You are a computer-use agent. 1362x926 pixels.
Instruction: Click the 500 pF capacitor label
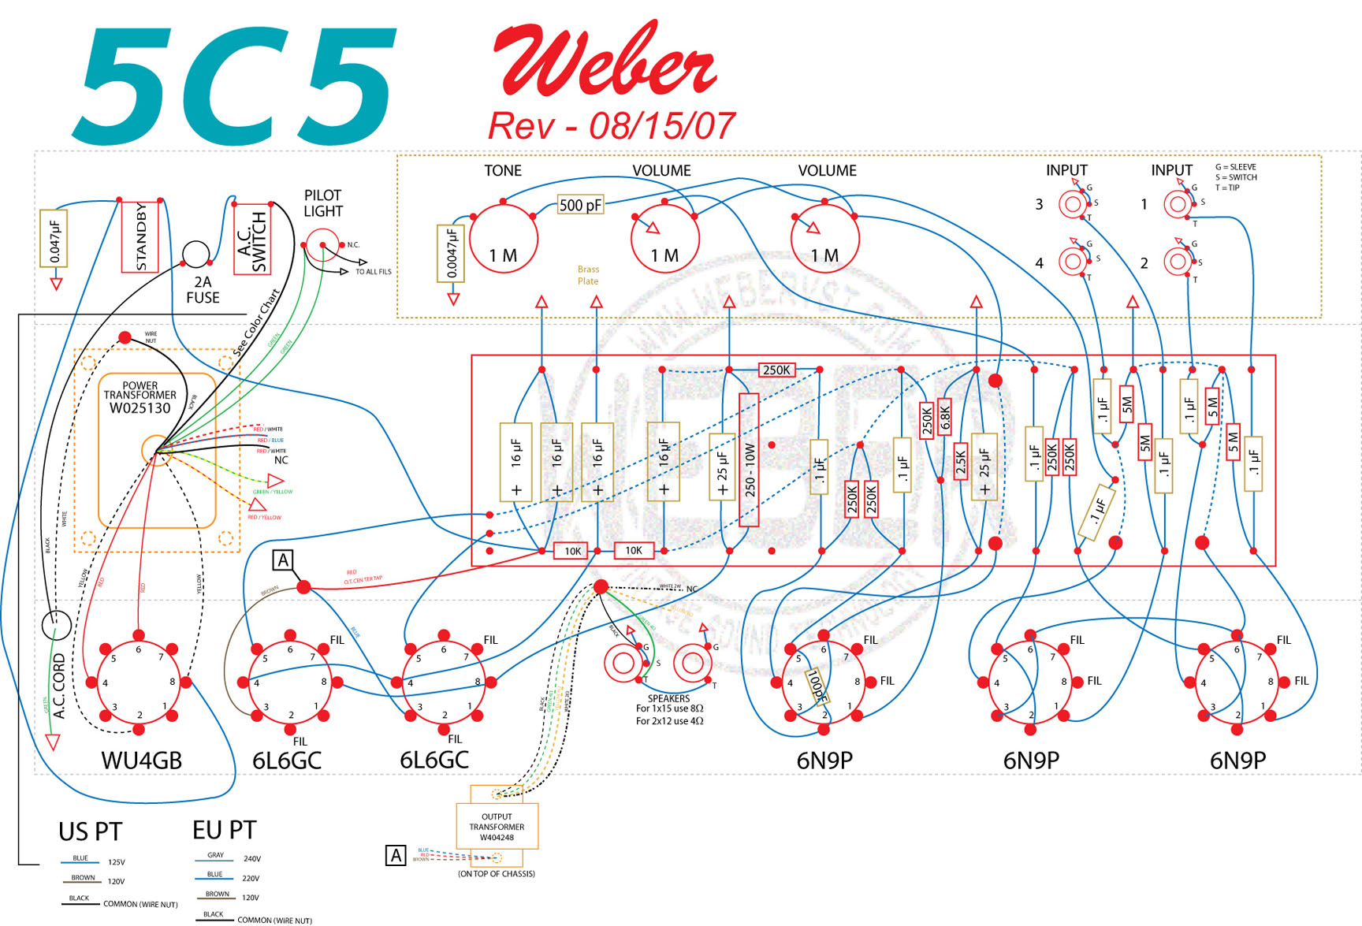click(580, 206)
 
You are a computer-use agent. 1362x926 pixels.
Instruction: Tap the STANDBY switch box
click(140, 237)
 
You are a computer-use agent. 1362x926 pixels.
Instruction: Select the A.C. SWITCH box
click(252, 240)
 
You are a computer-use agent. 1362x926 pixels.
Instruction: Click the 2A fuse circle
click(196, 255)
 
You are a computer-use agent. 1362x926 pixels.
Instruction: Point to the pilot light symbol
click(322, 245)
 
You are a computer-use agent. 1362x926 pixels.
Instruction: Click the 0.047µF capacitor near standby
click(54, 239)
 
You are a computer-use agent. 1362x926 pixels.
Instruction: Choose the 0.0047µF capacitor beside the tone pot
click(451, 253)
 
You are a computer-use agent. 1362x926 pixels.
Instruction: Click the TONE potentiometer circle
click(503, 239)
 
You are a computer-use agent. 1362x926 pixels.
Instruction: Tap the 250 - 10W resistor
click(749, 459)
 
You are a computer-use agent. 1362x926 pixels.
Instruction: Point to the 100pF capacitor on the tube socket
click(817, 686)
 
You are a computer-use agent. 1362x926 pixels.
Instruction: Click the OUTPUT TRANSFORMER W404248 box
click(497, 826)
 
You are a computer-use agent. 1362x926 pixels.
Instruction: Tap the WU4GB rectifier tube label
click(141, 761)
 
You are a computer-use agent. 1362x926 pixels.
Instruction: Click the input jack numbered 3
click(1072, 205)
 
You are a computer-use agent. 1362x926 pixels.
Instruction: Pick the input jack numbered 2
click(1178, 262)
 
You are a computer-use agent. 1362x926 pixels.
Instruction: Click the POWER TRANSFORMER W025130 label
click(140, 397)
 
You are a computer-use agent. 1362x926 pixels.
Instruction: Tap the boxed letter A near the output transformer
click(395, 855)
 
